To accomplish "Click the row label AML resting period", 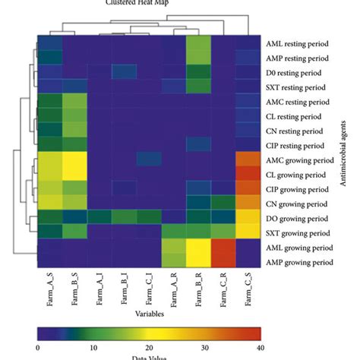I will [299, 43].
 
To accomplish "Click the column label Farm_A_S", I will [49, 291].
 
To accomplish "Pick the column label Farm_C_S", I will [248, 291].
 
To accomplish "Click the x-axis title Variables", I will [149, 312].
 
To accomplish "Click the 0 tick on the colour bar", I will [37, 347].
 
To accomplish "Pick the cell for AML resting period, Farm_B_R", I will [198, 43].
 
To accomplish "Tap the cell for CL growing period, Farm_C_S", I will [248, 174].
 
